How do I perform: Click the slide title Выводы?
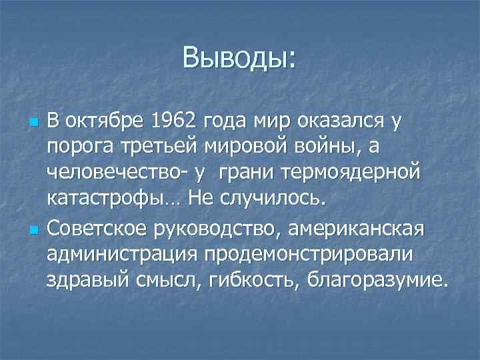click(239, 59)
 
